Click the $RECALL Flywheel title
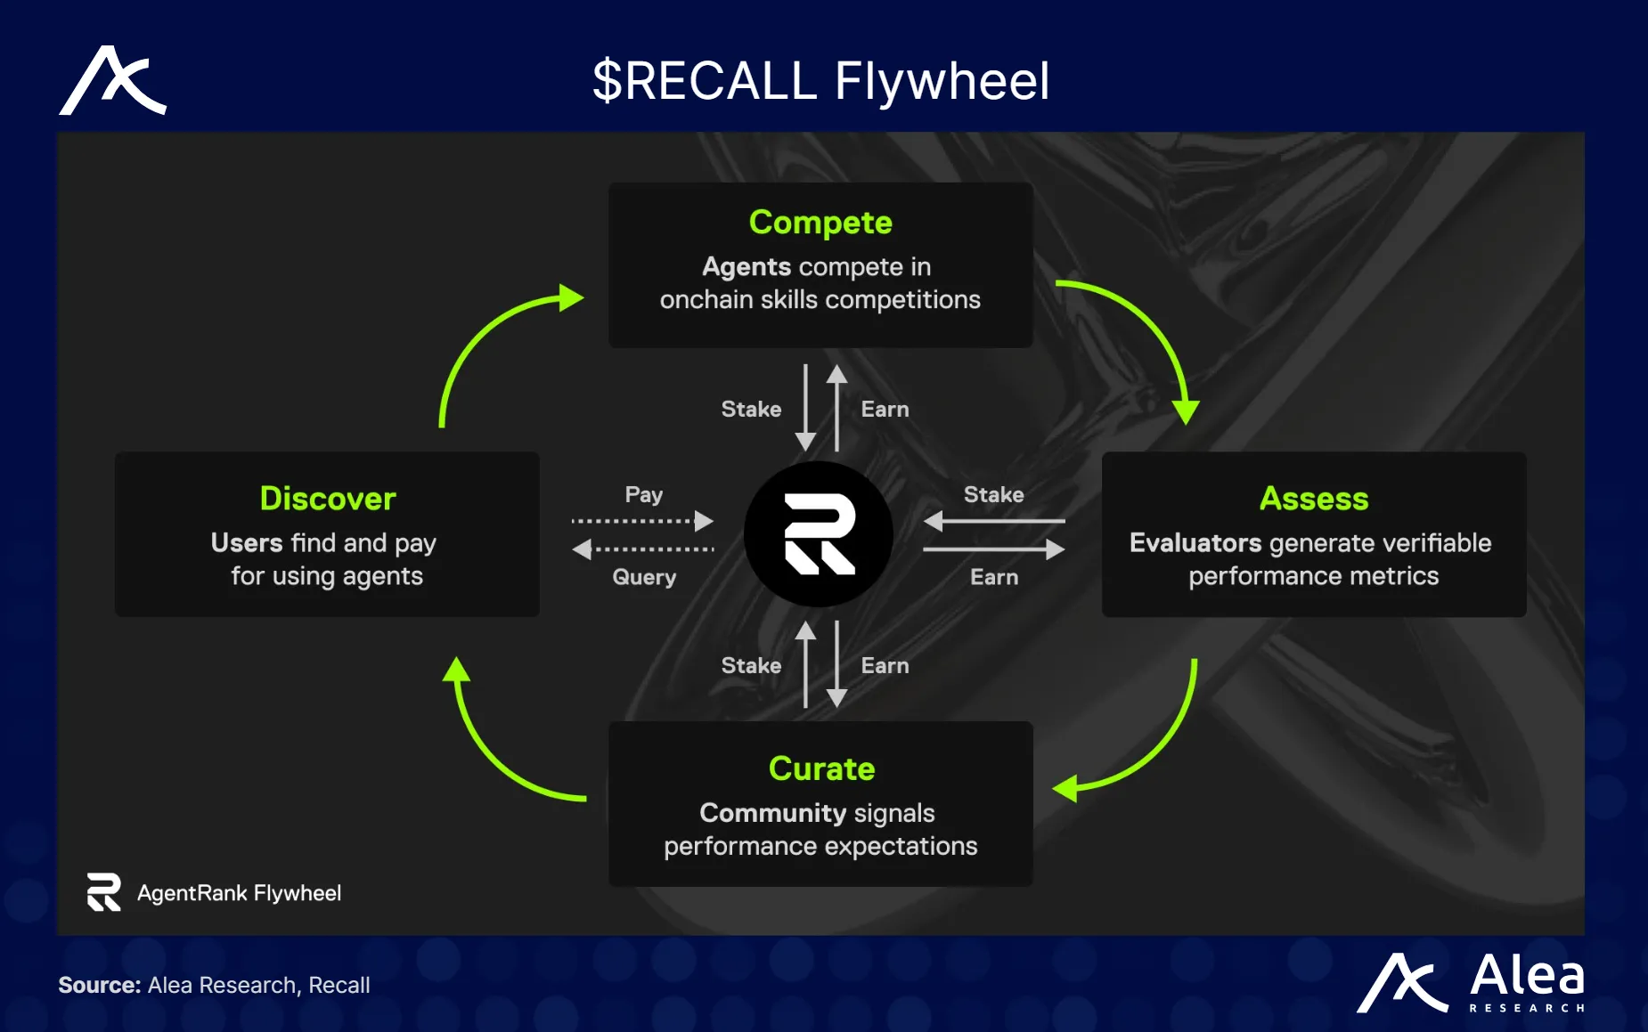point(820,81)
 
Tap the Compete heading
point(820,223)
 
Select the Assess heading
point(1314,499)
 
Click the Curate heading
point(821,768)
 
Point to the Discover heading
point(328,499)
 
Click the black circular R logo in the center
point(819,534)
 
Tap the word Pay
point(643,494)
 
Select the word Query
point(644,577)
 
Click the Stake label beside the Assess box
point(993,494)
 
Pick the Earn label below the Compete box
point(885,410)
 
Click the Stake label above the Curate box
point(751,665)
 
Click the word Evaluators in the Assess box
point(1195,543)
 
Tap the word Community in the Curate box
point(772,813)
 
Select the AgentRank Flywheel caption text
point(239,893)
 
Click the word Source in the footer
point(99,985)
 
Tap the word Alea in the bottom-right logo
point(1527,976)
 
